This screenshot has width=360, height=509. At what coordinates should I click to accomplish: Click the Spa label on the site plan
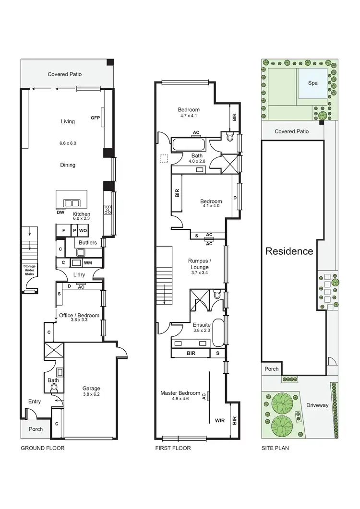pos(312,83)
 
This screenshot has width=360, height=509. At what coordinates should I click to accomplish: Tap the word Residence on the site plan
pos(289,251)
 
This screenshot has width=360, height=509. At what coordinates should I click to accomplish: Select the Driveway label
pos(317,405)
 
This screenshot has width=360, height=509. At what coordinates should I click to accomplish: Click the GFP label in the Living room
pos(95,118)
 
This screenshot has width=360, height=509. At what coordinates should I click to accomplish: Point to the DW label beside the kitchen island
pos(60,213)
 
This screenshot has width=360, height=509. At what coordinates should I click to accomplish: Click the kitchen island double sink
pos(72,202)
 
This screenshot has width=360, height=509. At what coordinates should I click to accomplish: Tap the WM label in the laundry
pos(88,263)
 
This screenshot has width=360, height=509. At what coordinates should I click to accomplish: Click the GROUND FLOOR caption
pos(42,448)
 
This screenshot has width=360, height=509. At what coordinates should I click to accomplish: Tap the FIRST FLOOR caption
pos(173,448)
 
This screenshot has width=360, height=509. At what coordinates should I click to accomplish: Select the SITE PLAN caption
pos(275,448)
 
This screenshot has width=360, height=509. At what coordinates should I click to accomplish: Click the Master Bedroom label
pos(180,393)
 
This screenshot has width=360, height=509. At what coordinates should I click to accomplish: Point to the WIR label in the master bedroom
pos(220,420)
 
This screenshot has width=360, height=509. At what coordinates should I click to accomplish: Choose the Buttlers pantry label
pos(87,243)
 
